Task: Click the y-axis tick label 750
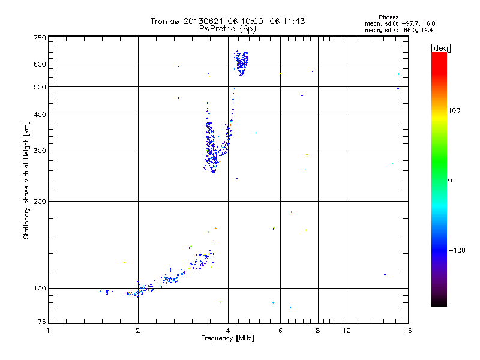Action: click(40, 38)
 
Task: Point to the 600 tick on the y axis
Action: click(40, 64)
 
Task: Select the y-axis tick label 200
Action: click(40, 201)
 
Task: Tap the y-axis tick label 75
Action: click(41, 323)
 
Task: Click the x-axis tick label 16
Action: click(407, 331)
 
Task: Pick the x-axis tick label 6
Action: click(280, 331)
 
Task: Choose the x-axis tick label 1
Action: click(48, 331)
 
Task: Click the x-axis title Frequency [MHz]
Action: click(227, 339)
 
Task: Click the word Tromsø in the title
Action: click(166, 21)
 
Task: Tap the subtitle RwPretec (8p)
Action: click(227, 28)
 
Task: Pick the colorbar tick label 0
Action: click(451, 180)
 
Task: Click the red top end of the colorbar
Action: click(439, 55)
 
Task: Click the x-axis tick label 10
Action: click(346, 331)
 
